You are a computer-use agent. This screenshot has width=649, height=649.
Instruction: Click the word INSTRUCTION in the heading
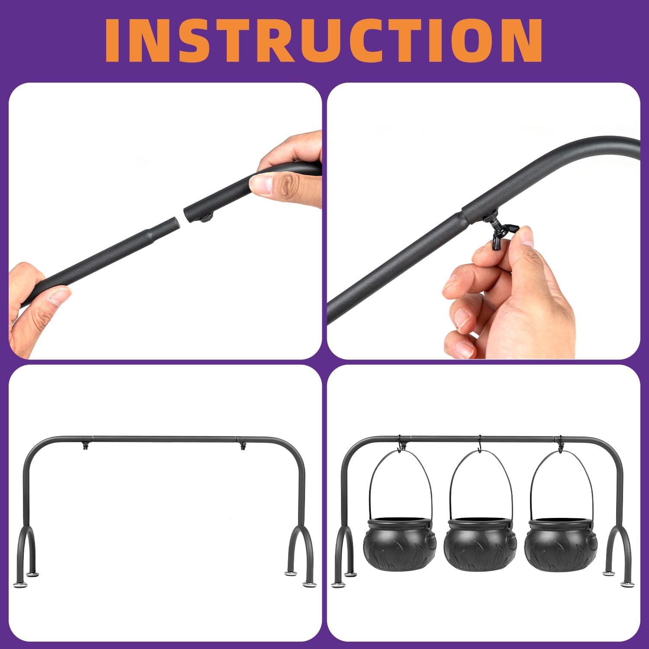coord(324,40)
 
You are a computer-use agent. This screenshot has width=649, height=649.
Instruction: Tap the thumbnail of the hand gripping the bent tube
coord(260,185)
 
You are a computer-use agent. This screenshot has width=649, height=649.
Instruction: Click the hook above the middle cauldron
coord(479,444)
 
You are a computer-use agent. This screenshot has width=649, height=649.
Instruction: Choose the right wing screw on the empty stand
coord(242,445)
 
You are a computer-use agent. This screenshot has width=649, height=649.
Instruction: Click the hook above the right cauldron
coord(560,444)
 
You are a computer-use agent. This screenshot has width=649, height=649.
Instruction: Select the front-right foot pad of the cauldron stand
coord(627,585)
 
